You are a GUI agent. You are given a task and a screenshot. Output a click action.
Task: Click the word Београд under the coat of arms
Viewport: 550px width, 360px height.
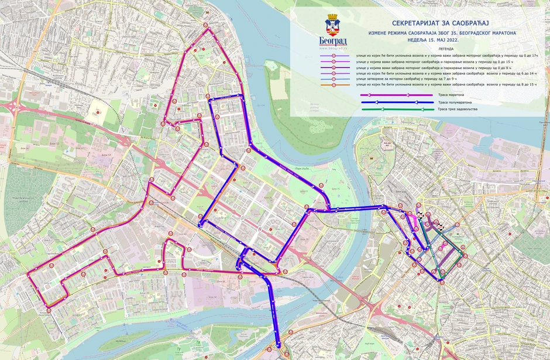[x=333, y=40]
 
